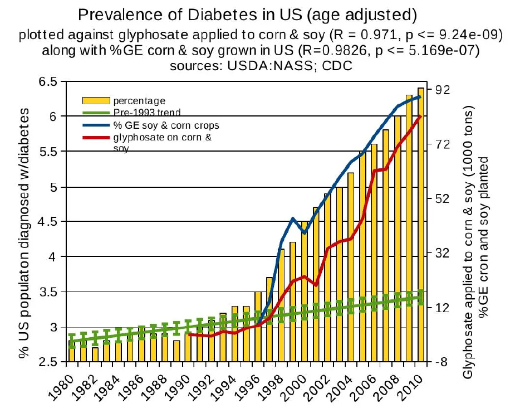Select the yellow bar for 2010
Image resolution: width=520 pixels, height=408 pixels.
coord(420,223)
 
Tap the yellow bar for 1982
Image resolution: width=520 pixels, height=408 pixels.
coord(95,355)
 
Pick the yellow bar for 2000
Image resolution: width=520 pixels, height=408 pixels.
coord(304,290)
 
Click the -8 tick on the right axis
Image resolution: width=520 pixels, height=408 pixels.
coord(441,362)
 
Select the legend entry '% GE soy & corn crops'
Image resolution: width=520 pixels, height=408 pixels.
coord(162,125)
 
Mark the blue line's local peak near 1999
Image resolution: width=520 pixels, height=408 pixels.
coord(292,218)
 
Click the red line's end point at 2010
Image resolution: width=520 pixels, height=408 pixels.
coord(420,116)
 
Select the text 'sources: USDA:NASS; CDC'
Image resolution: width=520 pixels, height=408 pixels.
coord(261,65)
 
